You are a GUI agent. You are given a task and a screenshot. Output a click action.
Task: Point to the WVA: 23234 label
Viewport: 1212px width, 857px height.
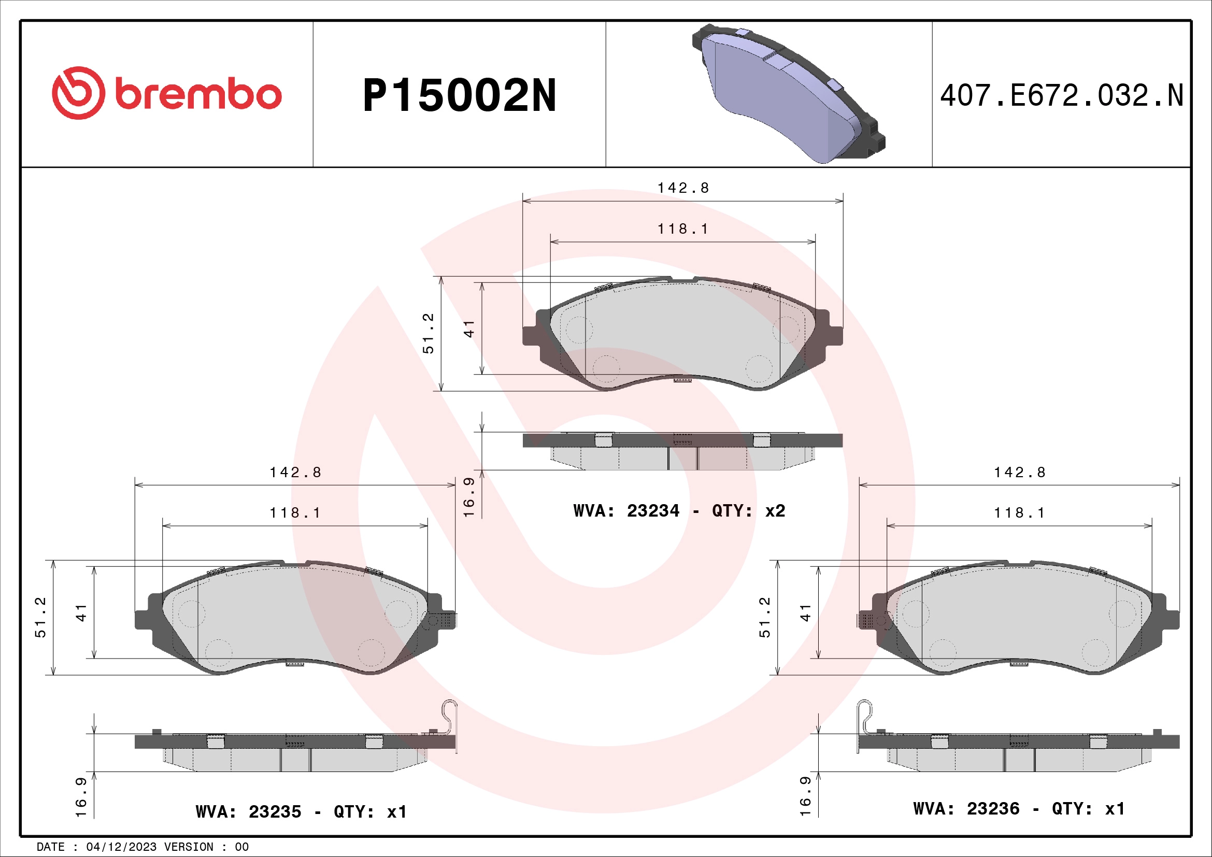(626, 511)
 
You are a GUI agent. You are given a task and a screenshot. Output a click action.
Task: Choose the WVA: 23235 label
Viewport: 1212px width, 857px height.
(248, 811)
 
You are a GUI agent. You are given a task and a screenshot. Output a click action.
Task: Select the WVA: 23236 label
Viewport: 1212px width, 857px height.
(966, 809)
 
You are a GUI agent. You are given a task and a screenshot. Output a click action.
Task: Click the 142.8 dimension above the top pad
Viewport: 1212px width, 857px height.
(682, 188)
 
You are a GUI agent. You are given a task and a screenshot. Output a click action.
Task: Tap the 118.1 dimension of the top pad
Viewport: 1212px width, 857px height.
(682, 229)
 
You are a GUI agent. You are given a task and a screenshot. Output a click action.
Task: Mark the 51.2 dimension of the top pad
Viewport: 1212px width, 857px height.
(428, 333)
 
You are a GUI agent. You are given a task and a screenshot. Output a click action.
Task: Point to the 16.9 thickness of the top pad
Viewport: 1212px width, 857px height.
(469, 497)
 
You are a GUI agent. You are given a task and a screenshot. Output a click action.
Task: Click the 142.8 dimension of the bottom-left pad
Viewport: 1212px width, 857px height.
(295, 473)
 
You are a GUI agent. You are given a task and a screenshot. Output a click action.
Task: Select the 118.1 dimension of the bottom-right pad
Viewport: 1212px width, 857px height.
(1019, 513)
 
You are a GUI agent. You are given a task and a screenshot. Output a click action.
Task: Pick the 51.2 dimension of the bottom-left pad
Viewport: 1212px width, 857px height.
(40, 617)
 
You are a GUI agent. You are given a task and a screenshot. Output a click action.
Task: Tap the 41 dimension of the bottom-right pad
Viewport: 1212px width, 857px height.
(805, 612)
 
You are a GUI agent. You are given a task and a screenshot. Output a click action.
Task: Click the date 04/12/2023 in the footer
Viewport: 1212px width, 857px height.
(121, 847)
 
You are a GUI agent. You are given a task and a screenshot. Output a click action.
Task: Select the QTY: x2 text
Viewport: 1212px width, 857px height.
(749, 511)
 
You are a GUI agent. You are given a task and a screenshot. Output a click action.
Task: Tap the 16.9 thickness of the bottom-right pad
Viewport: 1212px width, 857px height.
(805, 796)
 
